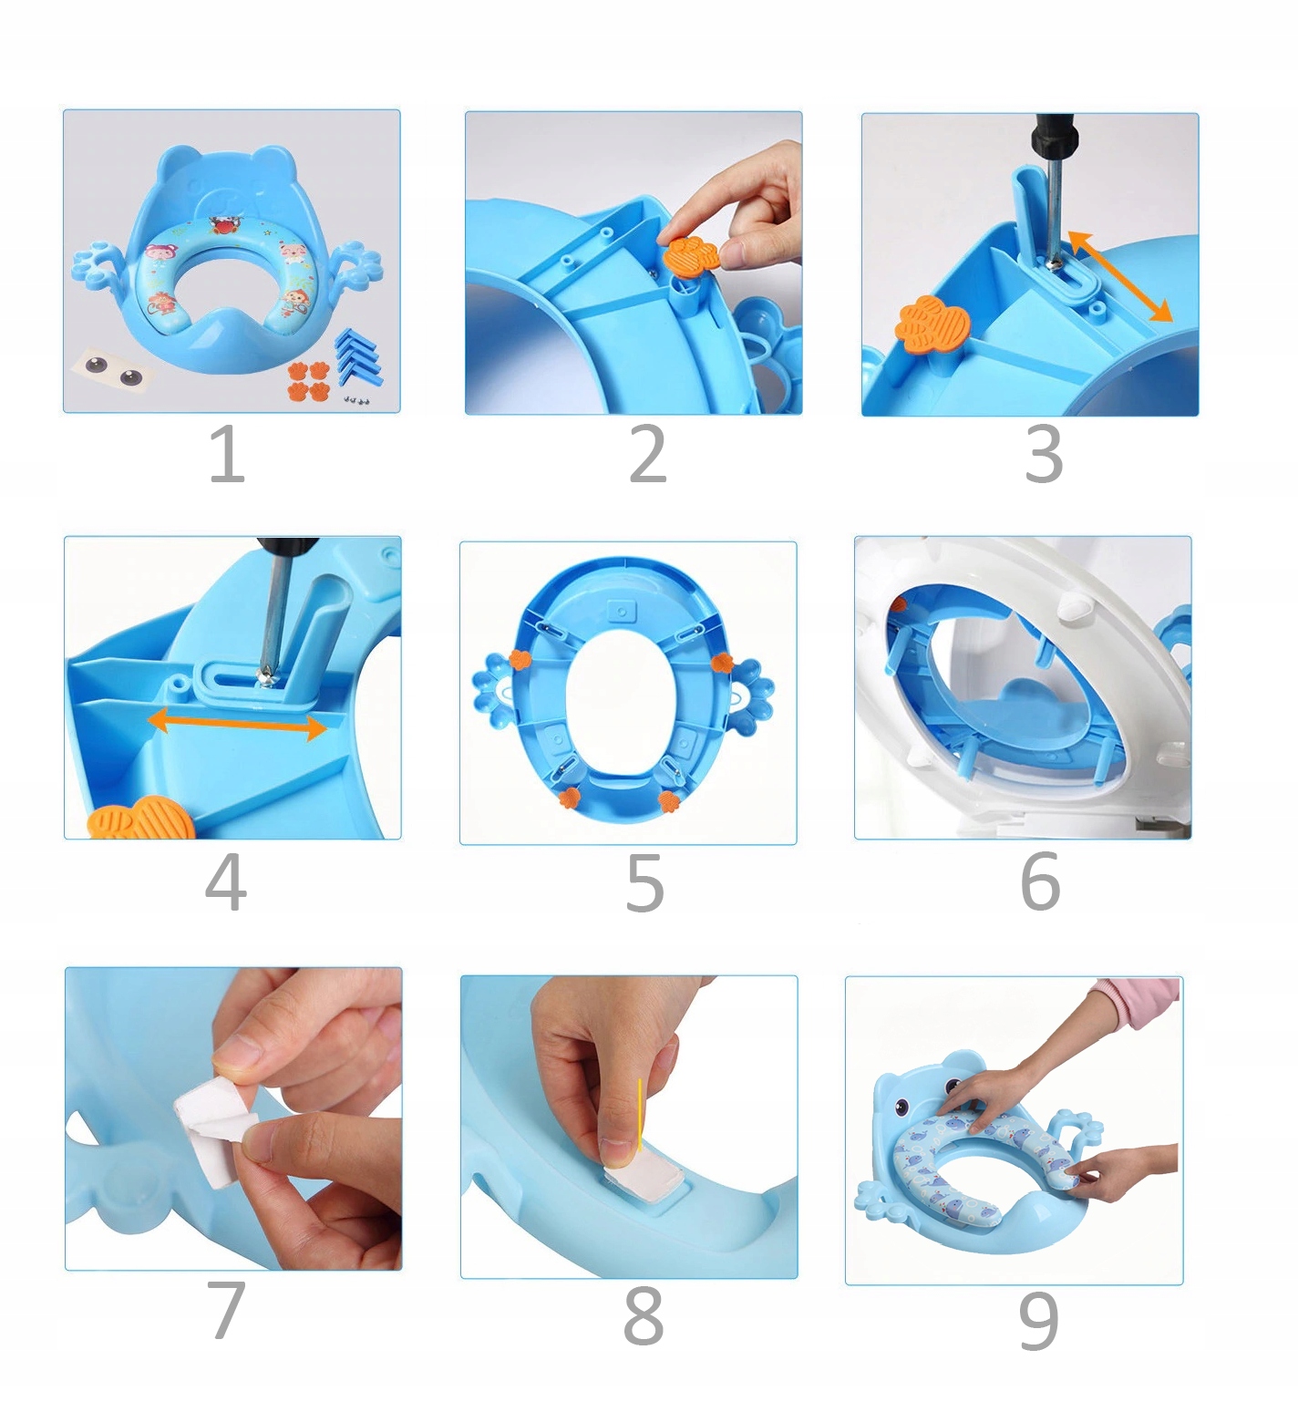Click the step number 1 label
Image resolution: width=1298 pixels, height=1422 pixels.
point(227,454)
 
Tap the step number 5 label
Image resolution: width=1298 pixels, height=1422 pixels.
point(644,882)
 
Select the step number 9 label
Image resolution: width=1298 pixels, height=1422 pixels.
point(1038,1321)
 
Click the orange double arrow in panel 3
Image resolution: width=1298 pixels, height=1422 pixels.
point(1120,276)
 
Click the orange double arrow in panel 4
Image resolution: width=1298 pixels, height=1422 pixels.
point(237,724)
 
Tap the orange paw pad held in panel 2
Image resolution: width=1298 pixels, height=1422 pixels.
point(691,252)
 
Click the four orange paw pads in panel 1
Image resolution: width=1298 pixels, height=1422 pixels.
point(307,380)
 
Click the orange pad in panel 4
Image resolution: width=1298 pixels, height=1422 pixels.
point(142,818)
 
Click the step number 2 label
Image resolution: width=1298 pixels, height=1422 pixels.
point(648,454)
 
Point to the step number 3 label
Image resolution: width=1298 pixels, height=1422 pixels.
point(1044,454)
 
